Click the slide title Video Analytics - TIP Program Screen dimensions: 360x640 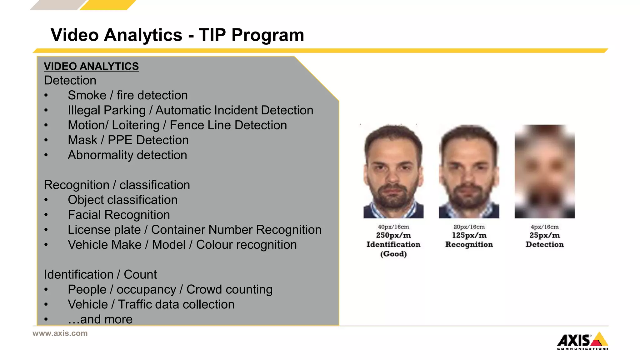(177, 35)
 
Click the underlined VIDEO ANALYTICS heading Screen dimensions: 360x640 (91, 66)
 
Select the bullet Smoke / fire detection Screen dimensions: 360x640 (127, 95)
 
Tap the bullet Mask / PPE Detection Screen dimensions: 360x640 (128, 140)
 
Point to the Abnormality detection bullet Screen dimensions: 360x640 (127, 155)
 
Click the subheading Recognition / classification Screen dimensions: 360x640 (117, 185)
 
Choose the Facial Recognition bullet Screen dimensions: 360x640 (119, 215)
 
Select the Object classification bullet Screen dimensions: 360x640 (122, 200)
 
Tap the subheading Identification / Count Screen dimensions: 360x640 (100, 274)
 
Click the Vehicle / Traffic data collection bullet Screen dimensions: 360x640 (151, 304)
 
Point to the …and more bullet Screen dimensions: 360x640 (100, 319)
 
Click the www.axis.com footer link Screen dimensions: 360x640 (60, 333)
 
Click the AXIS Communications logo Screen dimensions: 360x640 (582, 341)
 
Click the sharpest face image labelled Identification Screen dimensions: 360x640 (393, 171)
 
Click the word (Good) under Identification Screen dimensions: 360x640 (393, 254)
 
